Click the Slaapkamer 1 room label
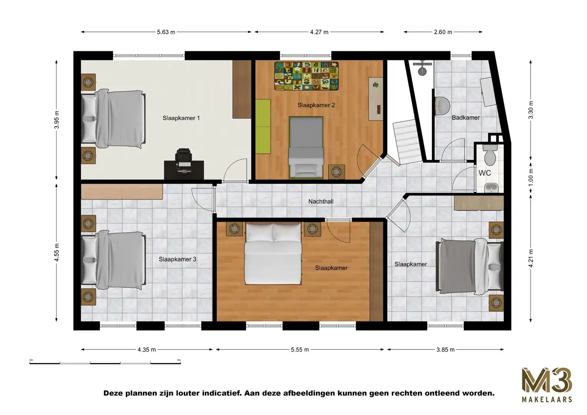[181, 118]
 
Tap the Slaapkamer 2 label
[316, 105]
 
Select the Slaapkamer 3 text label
[177, 259]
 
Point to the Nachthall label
[321, 201]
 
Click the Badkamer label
[466, 118]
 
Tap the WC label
[484, 173]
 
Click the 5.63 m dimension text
[166, 32]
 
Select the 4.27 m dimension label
[319, 32]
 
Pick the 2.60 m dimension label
[443, 32]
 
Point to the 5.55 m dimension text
[300, 350]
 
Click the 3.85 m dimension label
[445, 350]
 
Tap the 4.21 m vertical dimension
[531, 258]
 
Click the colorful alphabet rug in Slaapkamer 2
[306, 76]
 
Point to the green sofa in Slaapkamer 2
[263, 126]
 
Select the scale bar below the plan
[105, 362]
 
